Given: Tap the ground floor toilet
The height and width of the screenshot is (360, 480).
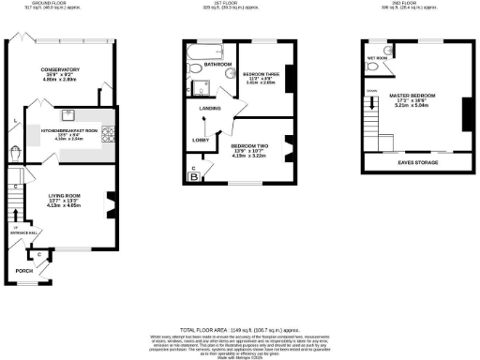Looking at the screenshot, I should coord(17,153).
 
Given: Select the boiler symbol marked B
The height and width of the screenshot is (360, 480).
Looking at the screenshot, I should coord(195,175).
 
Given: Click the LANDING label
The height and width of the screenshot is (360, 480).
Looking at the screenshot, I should coord(210,109).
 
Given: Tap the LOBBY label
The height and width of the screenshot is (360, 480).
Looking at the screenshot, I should coord(201,140).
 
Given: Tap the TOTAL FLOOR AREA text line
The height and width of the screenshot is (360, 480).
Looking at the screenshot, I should coord(239,329).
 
